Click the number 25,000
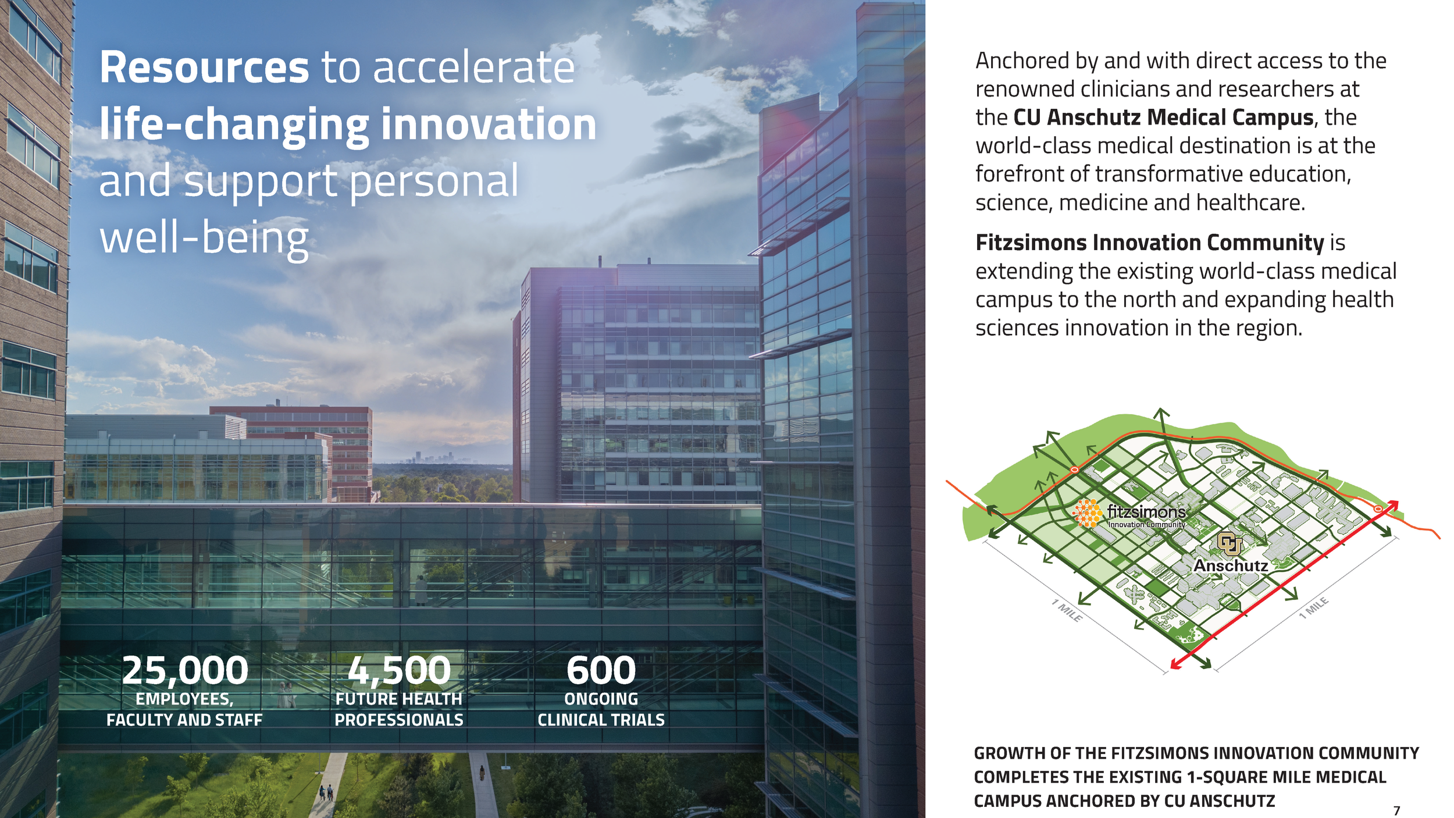coord(185,670)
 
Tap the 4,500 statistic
coord(399,670)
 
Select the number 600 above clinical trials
coord(601,670)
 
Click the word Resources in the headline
coord(204,67)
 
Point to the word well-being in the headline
coord(204,239)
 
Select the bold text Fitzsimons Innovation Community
coord(1149,243)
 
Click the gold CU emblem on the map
coord(1229,543)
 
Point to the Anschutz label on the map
coord(1230,566)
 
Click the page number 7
coord(1396,810)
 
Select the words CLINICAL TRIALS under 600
coord(601,720)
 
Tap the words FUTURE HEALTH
coord(399,699)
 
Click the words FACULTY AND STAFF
coord(184,720)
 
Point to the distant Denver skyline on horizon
coord(433,457)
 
